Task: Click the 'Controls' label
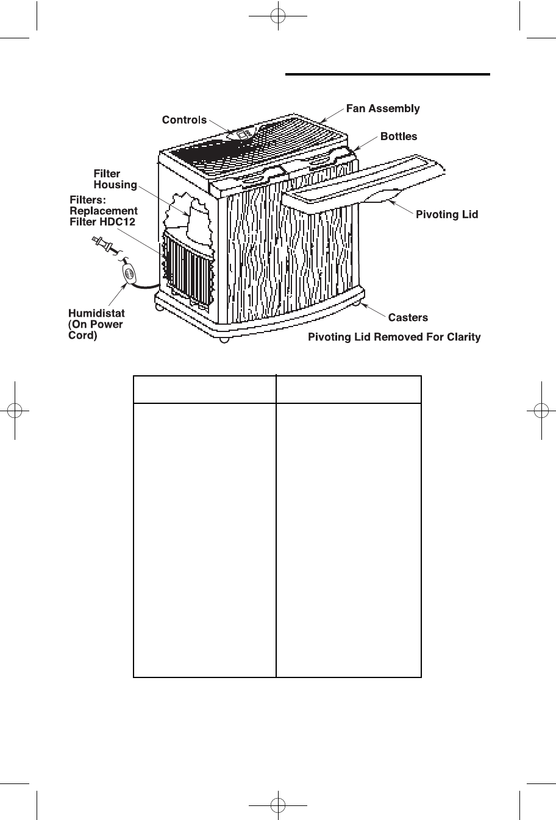click(184, 120)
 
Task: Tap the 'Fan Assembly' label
click(383, 108)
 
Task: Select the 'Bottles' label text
click(399, 136)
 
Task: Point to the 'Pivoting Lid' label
click(447, 214)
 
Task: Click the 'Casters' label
click(408, 317)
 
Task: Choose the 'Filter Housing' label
click(115, 179)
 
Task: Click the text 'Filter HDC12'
click(102, 222)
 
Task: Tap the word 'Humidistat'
click(96, 314)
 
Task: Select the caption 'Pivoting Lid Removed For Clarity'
click(394, 337)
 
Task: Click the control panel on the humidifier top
click(243, 135)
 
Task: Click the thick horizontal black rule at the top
click(388, 74)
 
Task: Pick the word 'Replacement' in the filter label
click(104, 211)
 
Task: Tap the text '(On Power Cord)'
click(95, 330)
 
